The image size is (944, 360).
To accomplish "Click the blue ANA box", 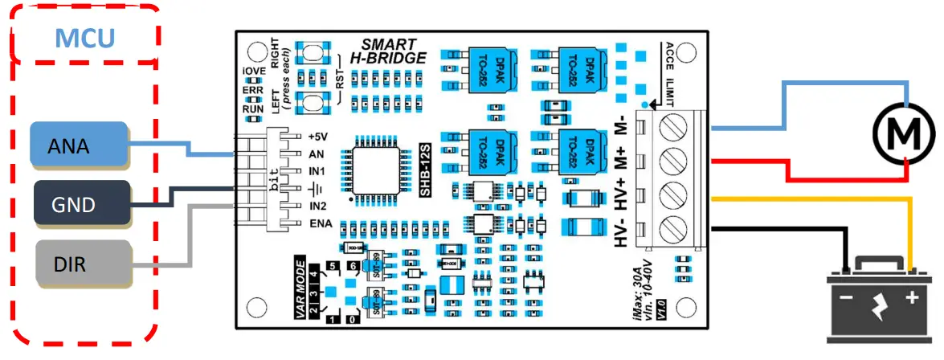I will (x=79, y=145).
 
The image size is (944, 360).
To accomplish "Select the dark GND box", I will (x=79, y=204).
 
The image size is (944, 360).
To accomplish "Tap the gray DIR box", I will (x=79, y=263).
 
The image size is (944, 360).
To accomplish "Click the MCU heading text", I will (x=85, y=37).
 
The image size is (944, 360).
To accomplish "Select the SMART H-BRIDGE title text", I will (x=387, y=51).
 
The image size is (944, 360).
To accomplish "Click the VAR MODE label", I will (x=301, y=288).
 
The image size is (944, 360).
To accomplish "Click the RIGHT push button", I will (x=309, y=52).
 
